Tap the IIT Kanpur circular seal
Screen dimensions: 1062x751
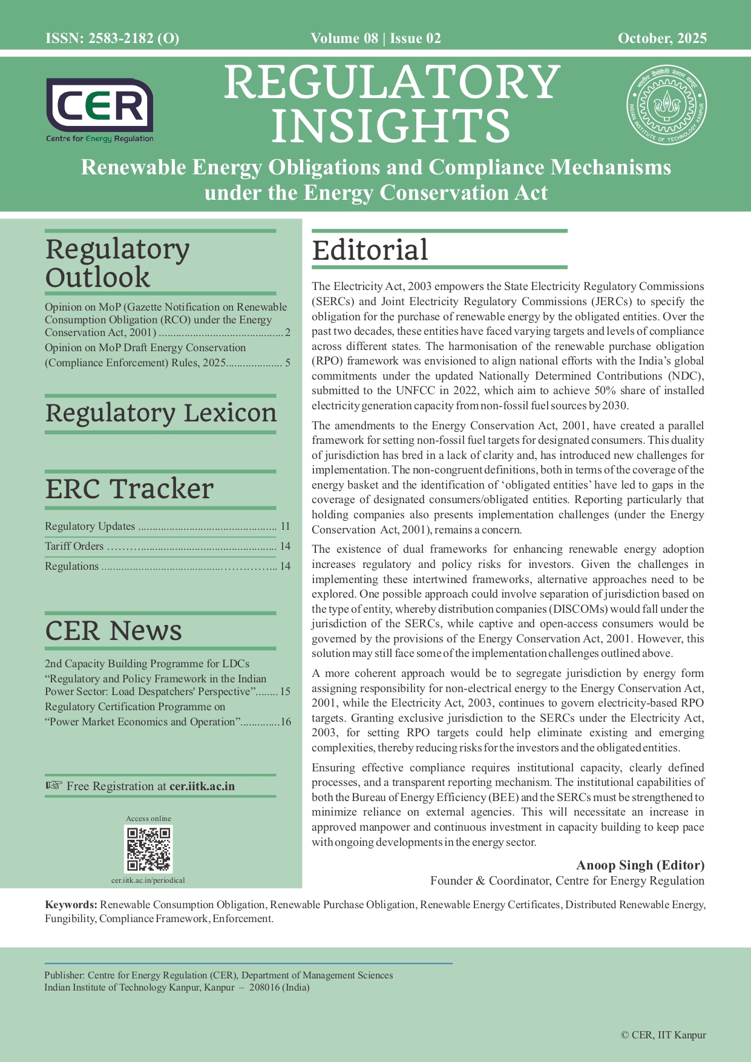click(x=666, y=105)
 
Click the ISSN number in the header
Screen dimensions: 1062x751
click(x=112, y=39)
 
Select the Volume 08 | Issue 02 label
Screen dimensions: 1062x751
click(x=376, y=39)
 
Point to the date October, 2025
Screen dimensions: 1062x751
click(x=662, y=39)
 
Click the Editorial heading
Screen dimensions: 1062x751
click(x=370, y=250)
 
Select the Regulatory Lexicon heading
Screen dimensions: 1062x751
click(x=161, y=413)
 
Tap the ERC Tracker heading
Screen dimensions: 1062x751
click(x=130, y=489)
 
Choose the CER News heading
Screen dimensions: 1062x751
click(x=114, y=630)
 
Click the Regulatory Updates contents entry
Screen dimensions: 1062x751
click(x=90, y=526)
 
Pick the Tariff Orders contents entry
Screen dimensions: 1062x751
click(x=74, y=546)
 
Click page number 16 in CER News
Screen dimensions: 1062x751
click(x=286, y=722)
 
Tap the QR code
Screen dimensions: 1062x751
click(x=148, y=849)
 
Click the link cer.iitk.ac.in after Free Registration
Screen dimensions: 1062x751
click(x=202, y=787)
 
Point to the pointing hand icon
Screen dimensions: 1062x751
click(x=54, y=786)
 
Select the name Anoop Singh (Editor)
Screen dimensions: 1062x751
click(x=640, y=865)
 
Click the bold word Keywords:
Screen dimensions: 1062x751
click(x=71, y=905)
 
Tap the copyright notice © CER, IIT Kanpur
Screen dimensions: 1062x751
click(x=663, y=1035)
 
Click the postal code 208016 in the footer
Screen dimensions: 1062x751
click(x=266, y=988)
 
